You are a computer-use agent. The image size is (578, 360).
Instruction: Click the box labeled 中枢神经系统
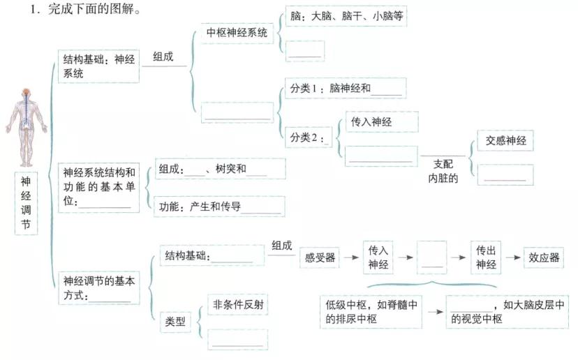coord(237,33)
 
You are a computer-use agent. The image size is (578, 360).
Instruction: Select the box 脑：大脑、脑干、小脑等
coord(346,16)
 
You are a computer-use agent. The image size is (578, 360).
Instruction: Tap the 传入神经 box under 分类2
coord(382,121)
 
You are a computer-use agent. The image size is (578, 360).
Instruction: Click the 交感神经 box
coord(505,140)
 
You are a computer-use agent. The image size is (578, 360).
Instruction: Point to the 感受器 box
coord(320,257)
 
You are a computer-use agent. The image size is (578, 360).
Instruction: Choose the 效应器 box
coord(544,257)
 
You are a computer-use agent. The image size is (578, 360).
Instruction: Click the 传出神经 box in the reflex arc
coord(486,257)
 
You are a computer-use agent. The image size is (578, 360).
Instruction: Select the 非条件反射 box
coord(238,304)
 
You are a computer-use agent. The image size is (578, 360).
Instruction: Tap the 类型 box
coord(175,322)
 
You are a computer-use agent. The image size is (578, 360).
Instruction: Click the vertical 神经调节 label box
coord(26,203)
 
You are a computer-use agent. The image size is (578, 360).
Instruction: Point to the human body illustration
coord(26,128)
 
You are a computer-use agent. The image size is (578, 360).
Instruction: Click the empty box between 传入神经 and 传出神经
coord(431,257)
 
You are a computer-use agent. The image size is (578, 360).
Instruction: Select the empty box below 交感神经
coord(505,174)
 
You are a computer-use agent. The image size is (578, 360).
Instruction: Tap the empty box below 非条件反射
coord(238,339)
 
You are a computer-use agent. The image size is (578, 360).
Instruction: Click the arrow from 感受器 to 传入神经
coord(351,257)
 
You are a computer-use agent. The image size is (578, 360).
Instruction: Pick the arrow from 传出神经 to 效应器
coord(513,257)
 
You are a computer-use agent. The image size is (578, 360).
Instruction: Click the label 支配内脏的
coord(443,172)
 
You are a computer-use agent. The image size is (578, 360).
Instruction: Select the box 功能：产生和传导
coord(219,207)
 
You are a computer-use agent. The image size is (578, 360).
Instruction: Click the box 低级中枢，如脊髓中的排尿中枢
coord(371,312)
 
